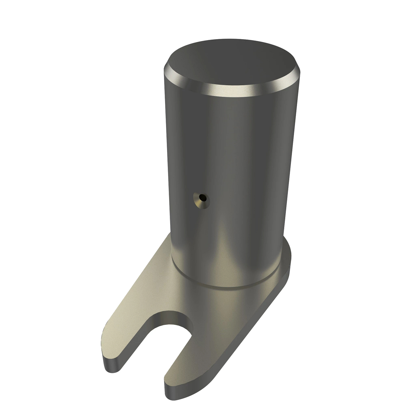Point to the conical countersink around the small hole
[198, 201]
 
